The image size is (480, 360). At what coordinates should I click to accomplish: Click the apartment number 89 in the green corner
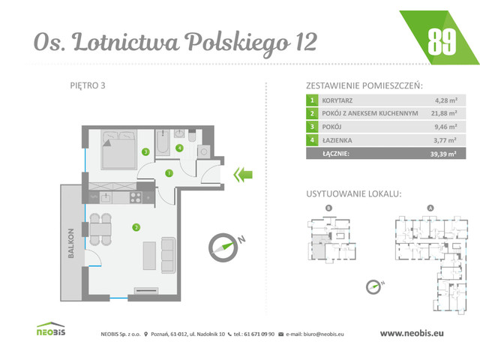pyautogui.click(x=441, y=42)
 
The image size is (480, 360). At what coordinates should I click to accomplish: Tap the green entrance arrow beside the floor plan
pyautogui.click(x=242, y=175)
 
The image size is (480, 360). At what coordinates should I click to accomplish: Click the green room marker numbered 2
pyautogui.click(x=136, y=226)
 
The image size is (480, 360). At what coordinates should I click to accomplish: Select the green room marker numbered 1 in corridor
pyautogui.click(x=169, y=173)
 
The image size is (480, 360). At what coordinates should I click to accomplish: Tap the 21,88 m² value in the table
pyautogui.click(x=447, y=112)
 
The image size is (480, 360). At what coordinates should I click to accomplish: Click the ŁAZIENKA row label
pyautogui.click(x=337, y=139)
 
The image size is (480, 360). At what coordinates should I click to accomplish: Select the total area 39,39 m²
pyautogui.click(x=447, y=154)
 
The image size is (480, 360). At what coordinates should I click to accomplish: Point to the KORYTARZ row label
pyautogui.click(x=338, y=99)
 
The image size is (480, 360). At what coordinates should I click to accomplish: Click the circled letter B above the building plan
pyautogui.click(x=328, y=208)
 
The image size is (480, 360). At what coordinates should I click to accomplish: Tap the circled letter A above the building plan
pyautogui.click(x=429, y=208)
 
